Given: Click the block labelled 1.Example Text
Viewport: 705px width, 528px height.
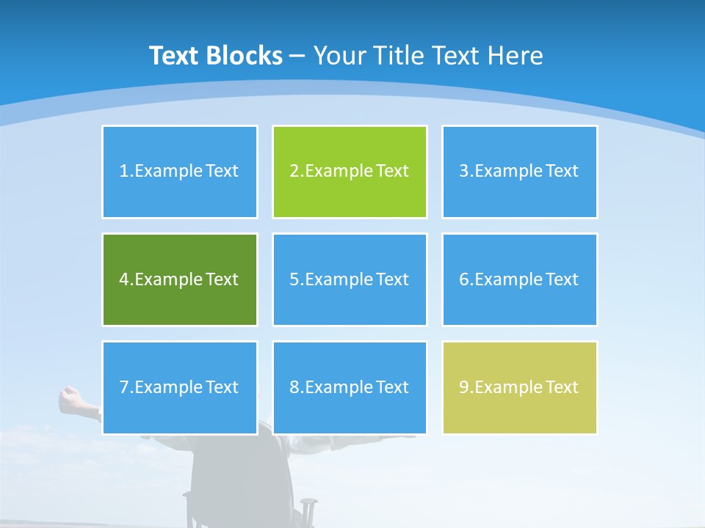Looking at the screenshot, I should [179, 172].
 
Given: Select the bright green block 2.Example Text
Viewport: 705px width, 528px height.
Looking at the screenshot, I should [350, 172].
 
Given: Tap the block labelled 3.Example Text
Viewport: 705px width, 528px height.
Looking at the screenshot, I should [519, 172].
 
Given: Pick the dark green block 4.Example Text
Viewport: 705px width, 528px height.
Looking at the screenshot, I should [179, 279].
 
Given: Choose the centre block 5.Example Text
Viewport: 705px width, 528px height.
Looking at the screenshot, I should [350, 279].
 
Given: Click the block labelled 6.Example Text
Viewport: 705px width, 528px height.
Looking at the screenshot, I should [519, 279].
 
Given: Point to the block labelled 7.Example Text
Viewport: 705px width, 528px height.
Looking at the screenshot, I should [179, 387].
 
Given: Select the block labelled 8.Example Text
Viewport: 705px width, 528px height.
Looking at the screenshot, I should [350, 387].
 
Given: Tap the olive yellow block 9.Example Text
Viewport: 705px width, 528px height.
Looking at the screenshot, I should [519, 387].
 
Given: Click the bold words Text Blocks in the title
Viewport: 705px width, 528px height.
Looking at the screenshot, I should [216, 56].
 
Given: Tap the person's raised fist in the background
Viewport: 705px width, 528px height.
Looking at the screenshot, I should [69, 397].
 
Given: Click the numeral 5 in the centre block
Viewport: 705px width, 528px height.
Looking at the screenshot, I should [294, 279].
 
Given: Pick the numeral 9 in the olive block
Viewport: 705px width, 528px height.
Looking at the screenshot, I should [464, 387].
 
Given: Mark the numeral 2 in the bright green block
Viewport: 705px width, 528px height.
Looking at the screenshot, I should [294, 172].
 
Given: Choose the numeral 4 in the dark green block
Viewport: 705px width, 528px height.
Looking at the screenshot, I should [123, 279].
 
